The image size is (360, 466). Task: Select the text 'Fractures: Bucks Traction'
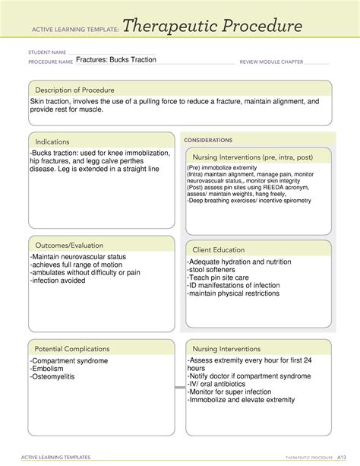116,59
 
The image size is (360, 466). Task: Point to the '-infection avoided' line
61,281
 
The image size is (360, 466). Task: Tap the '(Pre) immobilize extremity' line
226,167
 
